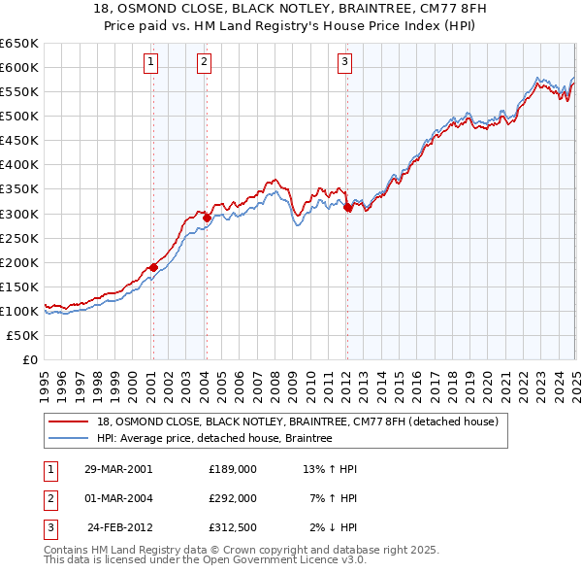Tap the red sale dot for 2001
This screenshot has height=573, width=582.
[153, 267]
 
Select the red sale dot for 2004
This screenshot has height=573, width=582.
[207, 218]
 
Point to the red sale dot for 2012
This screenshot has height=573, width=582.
[347, 207]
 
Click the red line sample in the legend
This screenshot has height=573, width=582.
[68, 421]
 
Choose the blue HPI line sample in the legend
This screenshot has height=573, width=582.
[68, 438]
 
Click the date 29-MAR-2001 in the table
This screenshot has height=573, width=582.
[118, 468]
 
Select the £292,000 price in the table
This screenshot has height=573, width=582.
[233, 498]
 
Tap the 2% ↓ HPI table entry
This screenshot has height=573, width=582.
[334, 528]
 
